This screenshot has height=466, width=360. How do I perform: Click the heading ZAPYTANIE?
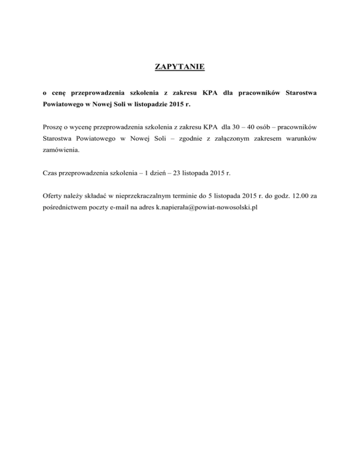tap(180, 67)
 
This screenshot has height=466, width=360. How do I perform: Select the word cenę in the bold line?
tap(53, 93)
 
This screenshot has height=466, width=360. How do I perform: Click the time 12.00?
tap(296, 195)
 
